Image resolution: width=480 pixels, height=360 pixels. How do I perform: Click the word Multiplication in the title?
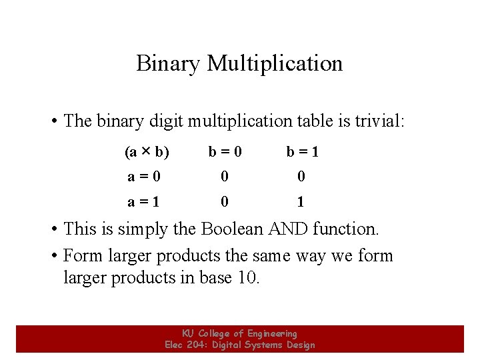(x=275, y=63)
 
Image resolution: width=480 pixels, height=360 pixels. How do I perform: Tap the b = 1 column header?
(x=302, y=152)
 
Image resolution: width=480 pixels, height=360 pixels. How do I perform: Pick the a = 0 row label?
(x=144, y=177)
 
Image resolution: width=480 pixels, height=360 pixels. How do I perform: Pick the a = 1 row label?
(x=144, y=201)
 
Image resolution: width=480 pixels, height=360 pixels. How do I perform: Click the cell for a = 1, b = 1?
(x=301, y=201)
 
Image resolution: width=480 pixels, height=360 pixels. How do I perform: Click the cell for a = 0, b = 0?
(x=225, y=177)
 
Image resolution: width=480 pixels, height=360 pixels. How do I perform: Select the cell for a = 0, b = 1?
(x=301, y=177)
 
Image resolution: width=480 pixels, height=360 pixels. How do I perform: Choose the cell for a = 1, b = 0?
(x=225, y=201)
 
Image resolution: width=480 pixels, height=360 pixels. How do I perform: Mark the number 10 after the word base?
(x=246, y=277)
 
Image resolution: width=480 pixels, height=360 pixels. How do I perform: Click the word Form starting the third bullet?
(x=80, y=256)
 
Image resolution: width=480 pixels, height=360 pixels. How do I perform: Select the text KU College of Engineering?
(x=239, y=333)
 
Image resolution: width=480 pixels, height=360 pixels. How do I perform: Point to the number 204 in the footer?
(x=197, y=345)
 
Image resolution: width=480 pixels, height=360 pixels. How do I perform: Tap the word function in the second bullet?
(x=346, y=229)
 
